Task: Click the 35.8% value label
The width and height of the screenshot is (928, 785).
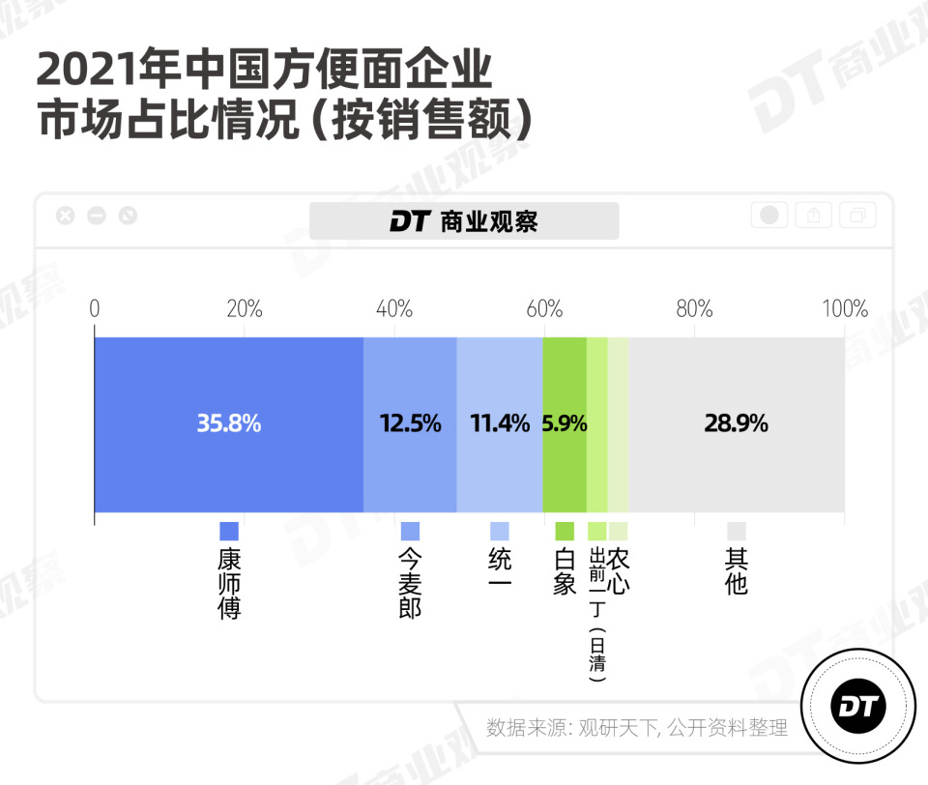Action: pyautogui.click(x=229, y=422)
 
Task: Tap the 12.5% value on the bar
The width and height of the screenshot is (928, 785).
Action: pyautogui.click(x=409, y=422)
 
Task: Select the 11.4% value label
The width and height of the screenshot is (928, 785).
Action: pyautogui.click(x=499, y=422)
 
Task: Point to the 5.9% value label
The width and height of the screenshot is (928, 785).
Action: pyautogui.click(x=565, y=422)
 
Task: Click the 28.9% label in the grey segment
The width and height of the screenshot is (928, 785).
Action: pyautogui.click(x=736, y=422)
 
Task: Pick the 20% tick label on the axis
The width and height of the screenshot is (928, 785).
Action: pyautogui.click(x=244, y=308)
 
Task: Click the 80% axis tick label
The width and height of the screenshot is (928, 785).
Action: pyautogui.click(x=694, y=308)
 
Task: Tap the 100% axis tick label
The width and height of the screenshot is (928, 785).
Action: pyautogui.click(x=844, y=308)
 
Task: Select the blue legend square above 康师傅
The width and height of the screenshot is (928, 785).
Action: pyautogui.click(x=229, y=531)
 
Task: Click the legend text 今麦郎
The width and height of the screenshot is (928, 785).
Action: pyautogui.click(x=410, y=584)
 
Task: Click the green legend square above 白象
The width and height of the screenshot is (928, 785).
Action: pyautogui.click(x=565, y=531)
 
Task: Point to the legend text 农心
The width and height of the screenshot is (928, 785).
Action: pyautogui.click(x=619, y=571)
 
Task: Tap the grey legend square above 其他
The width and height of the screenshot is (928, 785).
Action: pyautogui.click(x=737, y=531)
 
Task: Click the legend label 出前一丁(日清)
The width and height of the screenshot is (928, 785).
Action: pyautogui.click(x=597, y=614)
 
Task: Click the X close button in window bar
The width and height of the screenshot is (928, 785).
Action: pyautogui.click(x=65, y=216)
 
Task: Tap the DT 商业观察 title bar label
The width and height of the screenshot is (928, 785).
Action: pyautogui.click(x=464, y=221)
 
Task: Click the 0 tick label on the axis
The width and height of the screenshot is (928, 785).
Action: pyautogui.click(x=95, y=308)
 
